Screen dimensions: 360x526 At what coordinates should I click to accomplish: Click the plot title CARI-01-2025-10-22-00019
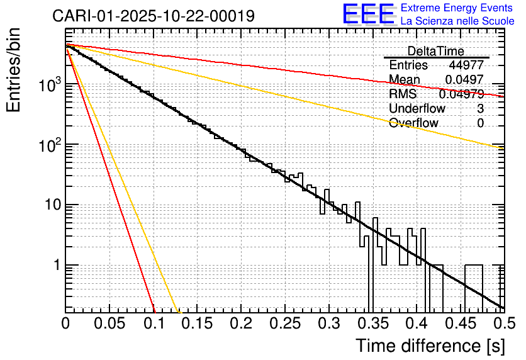(x=154, y=16)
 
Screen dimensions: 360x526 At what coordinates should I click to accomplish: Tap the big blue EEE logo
(x=369, y=14)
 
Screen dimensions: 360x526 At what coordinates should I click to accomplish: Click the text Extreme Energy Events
(x=457, y=8)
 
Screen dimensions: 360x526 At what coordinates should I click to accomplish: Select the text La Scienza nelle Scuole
(x=457, y=21)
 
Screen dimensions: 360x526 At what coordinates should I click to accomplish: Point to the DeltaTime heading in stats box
(x=436, y=52)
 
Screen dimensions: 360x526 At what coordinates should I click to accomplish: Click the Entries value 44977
(x=466, y=65)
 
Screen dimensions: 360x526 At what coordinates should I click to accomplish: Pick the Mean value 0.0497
(x=464, y=80)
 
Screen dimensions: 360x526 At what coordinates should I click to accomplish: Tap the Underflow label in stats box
(x=414, y=109)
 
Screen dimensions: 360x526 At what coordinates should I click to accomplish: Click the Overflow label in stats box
(x=413, y=123)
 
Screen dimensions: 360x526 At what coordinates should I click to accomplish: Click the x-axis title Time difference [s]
(x=430, y=346)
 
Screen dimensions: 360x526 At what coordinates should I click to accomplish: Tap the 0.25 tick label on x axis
(x=284, y=323)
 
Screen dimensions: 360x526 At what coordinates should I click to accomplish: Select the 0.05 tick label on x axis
(x=109, y=323)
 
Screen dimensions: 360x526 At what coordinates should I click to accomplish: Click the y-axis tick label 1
(x=55, y=266)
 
